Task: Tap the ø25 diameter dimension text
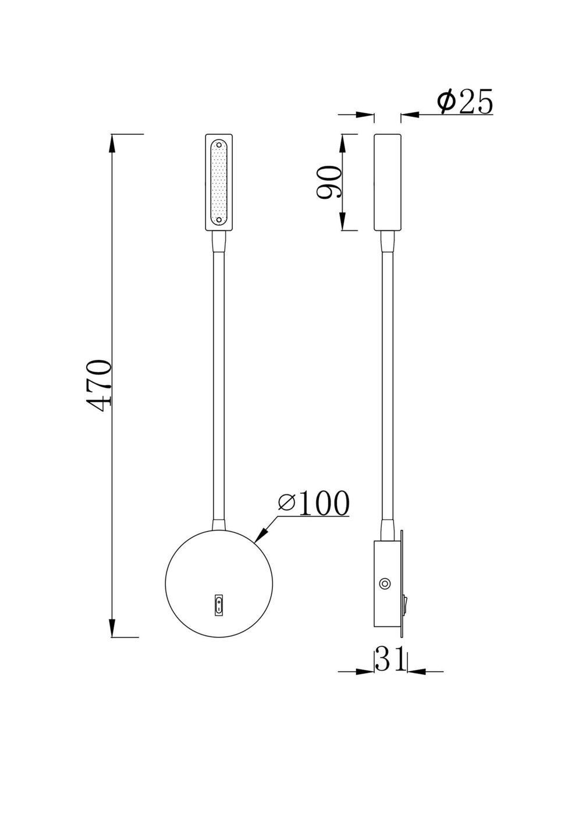465,103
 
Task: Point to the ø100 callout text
314,503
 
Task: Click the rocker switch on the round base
218,605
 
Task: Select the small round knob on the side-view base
385,583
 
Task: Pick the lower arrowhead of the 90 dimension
343,223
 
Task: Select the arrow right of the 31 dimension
416,671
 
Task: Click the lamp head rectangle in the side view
386,183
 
